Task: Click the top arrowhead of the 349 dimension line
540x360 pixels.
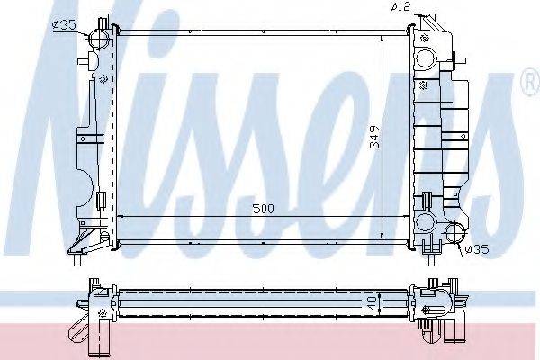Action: pyautogui.click(x=384, y=40)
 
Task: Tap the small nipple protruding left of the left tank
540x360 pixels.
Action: pyautogui.click(x=84, y=60)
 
